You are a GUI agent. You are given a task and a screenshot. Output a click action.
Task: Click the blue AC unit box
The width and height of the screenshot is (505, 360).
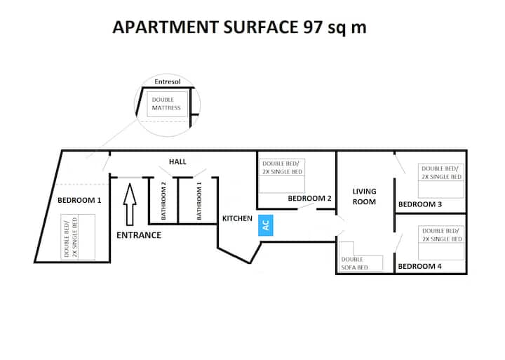(x=266, y=225)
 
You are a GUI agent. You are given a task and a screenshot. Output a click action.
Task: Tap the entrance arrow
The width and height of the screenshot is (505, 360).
(x=130, y=204)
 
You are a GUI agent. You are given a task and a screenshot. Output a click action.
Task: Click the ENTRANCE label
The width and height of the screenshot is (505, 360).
(x=139, y=235)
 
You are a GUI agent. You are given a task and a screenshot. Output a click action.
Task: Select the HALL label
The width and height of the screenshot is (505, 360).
(x=177, y=162)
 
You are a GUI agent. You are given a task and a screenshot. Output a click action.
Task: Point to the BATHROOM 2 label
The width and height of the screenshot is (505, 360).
(x=163, y=201)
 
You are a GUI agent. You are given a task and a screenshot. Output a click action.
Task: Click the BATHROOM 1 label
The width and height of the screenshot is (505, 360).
(x=199, y=201)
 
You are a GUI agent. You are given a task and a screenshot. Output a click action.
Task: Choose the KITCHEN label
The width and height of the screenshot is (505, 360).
(x=237, y=218)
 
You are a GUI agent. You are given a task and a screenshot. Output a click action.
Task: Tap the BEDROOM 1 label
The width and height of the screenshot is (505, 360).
(x=79, y=200)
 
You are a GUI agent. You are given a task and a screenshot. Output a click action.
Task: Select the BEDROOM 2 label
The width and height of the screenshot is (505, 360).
(x=309, y=198)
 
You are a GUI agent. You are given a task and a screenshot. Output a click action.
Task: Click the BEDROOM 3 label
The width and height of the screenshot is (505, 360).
(x=420, y=204)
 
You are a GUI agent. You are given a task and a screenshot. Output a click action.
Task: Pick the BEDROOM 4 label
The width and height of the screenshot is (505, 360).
(x=419, y=266)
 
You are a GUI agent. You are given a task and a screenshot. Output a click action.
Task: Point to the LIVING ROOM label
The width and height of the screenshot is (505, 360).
(x=364, y=196)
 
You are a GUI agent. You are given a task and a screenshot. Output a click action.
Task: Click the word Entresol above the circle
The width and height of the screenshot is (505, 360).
(x=168, y=81)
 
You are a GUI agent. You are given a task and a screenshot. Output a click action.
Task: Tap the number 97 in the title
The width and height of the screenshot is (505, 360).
(x=313, y=27)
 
